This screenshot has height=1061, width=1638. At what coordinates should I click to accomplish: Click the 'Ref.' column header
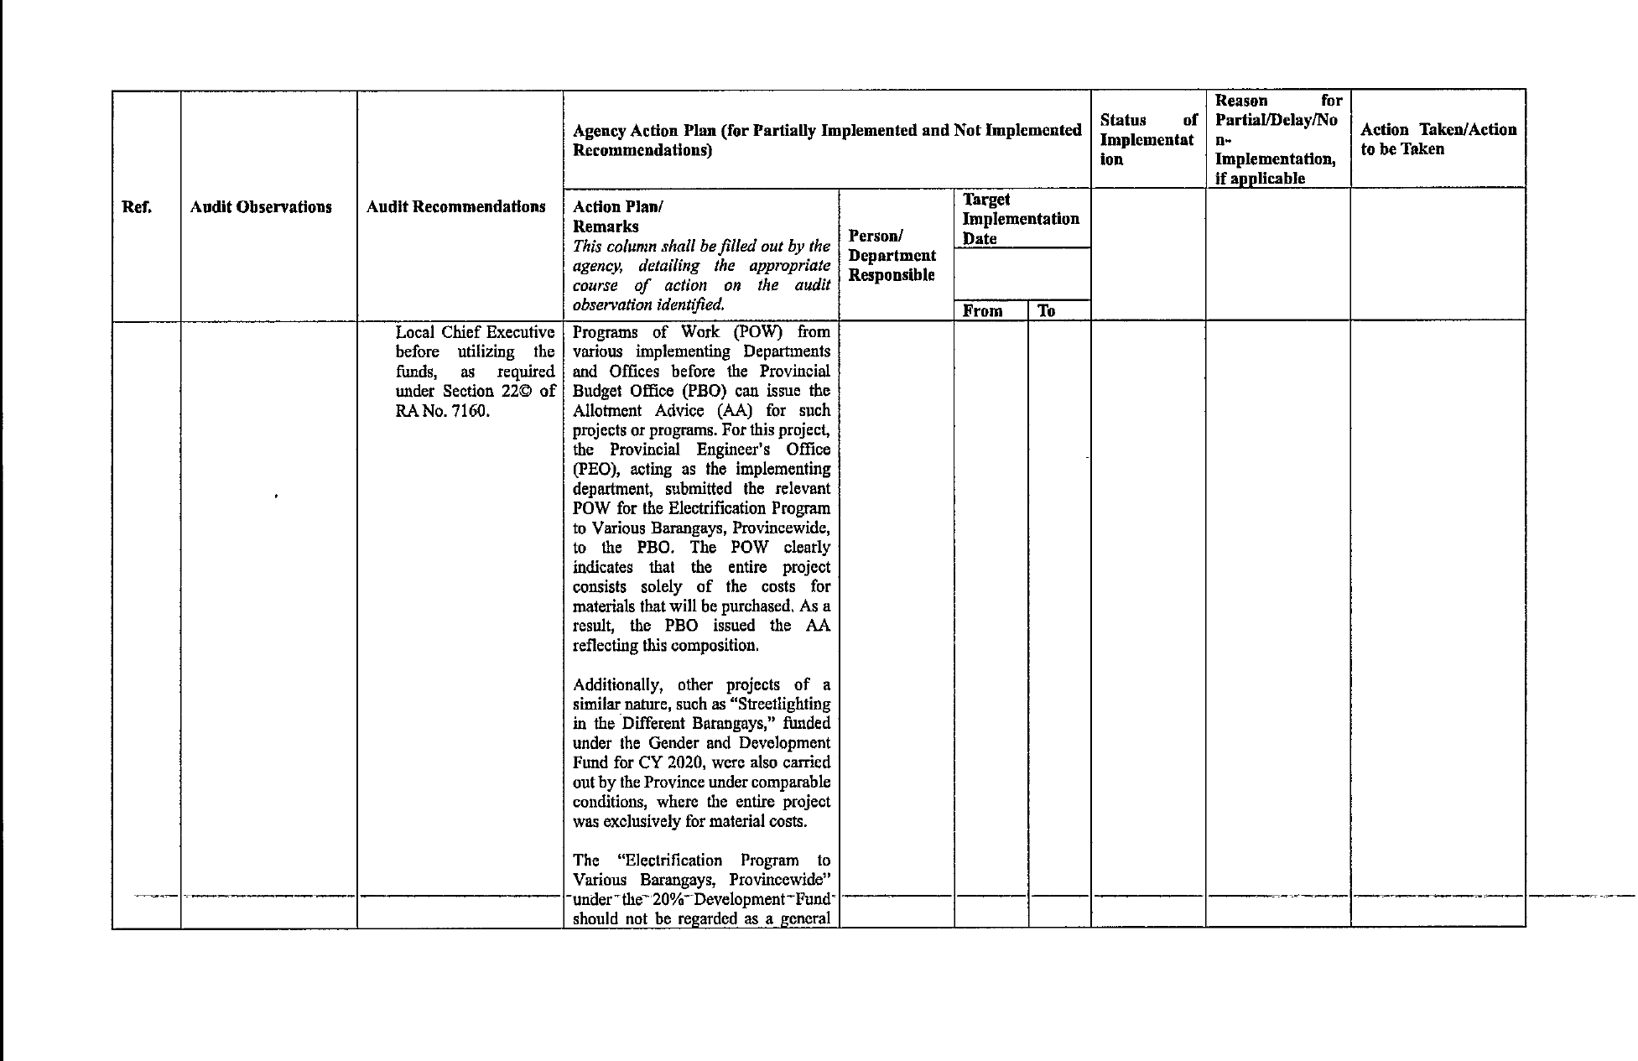tap(137, 207)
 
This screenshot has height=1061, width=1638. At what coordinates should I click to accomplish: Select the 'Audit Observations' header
tap(261, 207)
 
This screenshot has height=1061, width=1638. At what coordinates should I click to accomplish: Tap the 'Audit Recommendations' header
tap(456, 206)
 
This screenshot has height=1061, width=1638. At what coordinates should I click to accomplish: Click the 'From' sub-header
tap(982, 311)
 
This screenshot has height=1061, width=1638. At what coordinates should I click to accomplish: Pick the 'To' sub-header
tap(1046, 311)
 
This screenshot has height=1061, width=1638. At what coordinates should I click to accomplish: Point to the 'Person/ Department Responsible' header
tap(892, 256)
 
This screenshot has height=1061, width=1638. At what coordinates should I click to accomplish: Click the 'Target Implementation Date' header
tap(1020, 219)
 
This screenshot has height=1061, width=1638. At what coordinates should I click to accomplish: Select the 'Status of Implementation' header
tap(1147, 140)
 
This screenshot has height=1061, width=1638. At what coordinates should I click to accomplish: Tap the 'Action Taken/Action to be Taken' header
tap(1438, 139)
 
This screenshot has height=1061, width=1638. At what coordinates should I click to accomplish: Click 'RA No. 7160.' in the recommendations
tap(443, 411)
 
